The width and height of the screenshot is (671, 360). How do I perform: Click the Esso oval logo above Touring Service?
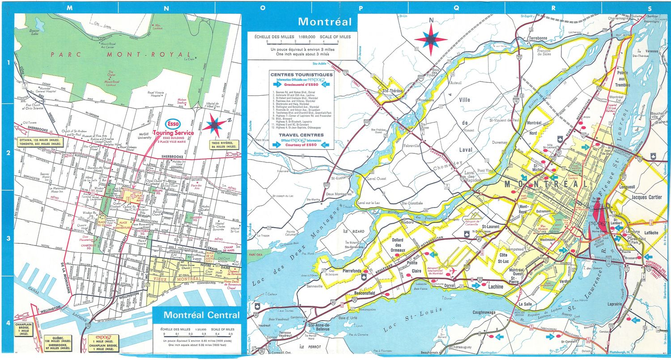[174, 123]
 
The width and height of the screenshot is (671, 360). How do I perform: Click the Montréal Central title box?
[196, 315]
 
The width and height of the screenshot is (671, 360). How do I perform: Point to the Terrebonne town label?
[538, 38]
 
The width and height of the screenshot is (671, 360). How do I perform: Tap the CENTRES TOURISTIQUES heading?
[301, 75]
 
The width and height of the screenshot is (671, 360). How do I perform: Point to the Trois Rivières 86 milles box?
[225, 145]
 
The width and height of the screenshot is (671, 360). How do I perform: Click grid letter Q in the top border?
[456, 8]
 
